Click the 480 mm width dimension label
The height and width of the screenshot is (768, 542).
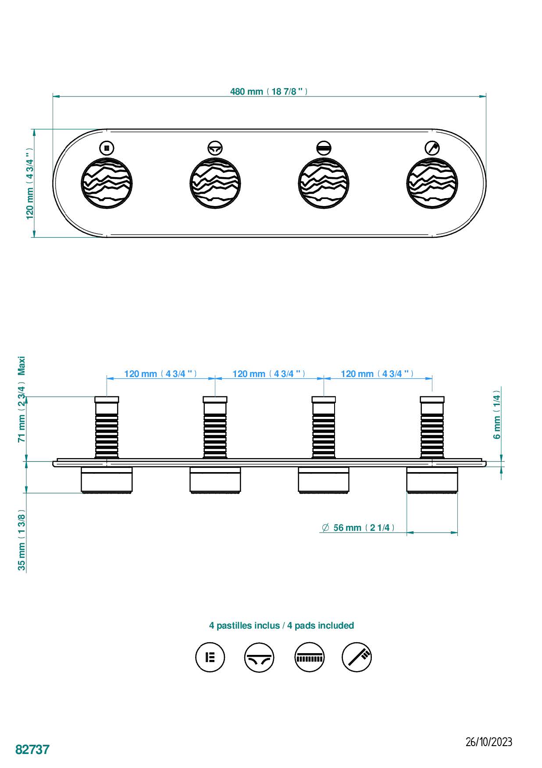(269, 92)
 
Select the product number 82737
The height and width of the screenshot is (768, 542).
(32, 749)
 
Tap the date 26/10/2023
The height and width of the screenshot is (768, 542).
(489, 742)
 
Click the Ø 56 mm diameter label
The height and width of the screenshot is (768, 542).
(358, 528)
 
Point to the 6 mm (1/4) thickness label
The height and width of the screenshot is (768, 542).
(497, 414)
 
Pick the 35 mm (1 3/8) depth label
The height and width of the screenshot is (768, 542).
(21, 540)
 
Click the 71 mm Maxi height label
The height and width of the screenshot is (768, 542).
(21, 400)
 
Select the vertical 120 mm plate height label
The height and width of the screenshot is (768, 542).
(29, 183)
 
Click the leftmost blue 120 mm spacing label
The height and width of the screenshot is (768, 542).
(160, 374)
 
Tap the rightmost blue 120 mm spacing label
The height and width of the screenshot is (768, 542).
(377, 374)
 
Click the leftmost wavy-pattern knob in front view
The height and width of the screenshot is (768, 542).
(107, 182)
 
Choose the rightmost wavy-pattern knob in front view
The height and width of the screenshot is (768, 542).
(432, 182)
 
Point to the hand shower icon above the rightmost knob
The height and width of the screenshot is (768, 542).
(432, 148)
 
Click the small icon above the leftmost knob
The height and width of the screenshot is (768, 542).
(107, 148)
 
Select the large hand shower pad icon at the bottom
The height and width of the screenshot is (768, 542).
(357, 657)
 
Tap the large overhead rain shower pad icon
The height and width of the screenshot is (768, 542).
(309, 657)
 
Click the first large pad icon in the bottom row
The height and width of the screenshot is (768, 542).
(210, 657)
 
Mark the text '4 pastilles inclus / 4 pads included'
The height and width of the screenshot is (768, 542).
(281, 626)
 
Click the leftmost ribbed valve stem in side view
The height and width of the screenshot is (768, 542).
(107, 427)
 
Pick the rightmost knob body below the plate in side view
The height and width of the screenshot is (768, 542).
(432, 480)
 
